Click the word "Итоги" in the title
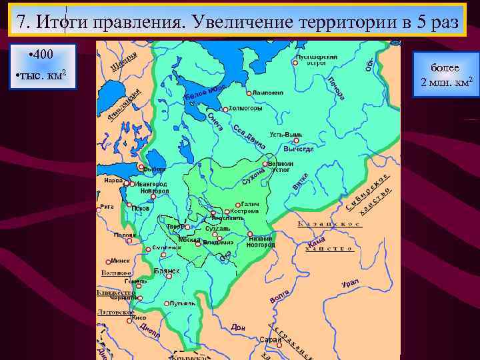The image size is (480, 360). click(63, 22)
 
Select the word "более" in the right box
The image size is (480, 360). click(445, 68)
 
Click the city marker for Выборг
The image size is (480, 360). click(141, 167)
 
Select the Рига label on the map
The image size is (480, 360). click(106, 207)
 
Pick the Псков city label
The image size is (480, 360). click(141, 208)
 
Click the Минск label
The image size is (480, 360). click(121, 261)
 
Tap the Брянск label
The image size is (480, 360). click(167, 271)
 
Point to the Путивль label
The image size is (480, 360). click(183, 303)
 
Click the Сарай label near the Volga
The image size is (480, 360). click(270, 340)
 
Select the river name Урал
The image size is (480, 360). click(350, 283)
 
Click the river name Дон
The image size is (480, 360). click(238, 327)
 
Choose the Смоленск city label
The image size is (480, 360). click(167, 247)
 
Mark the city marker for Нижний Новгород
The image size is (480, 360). click(250, 235)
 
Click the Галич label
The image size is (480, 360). click(250, 204)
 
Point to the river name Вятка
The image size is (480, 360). click(301, 180)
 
